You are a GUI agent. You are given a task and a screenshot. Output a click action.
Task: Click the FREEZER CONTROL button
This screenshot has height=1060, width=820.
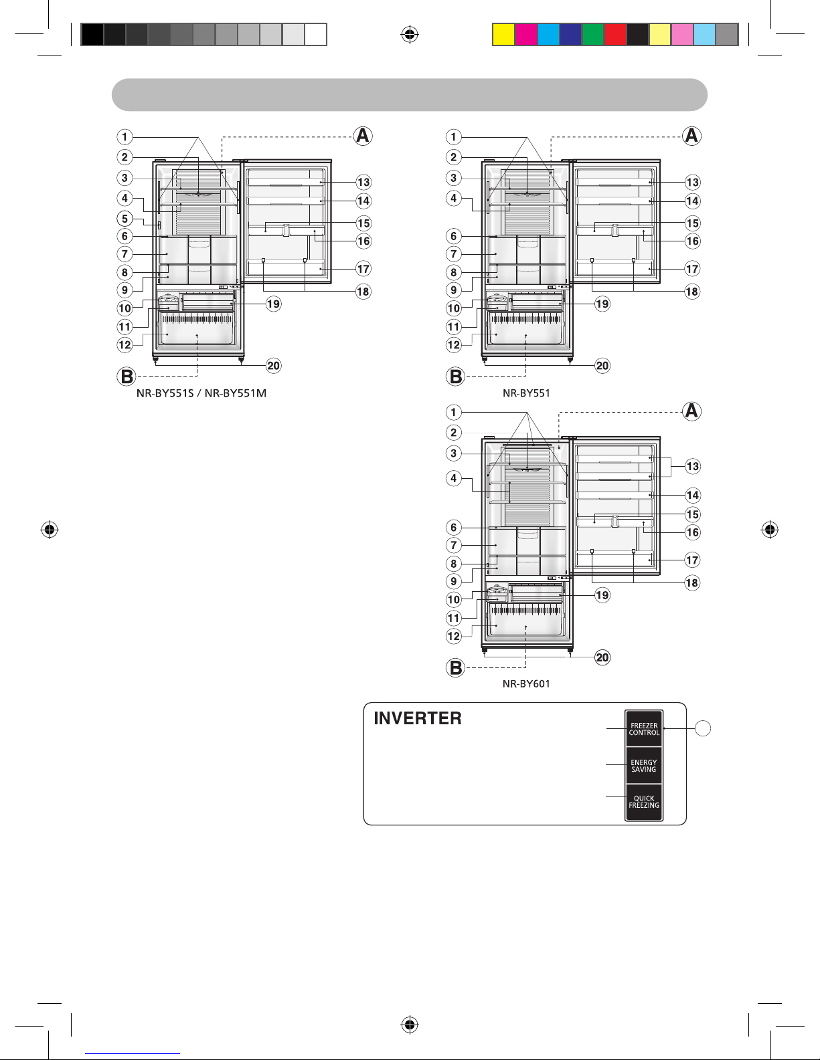click(644, 729)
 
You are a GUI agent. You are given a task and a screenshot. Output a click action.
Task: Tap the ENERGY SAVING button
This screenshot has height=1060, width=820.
click(644, 765)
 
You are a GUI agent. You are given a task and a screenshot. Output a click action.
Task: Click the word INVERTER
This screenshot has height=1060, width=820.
click(418, 718)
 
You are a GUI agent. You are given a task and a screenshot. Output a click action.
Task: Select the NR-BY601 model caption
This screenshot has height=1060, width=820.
click(526, 684)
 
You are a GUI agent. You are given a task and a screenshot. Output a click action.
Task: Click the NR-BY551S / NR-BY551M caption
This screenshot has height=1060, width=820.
click(201, 393)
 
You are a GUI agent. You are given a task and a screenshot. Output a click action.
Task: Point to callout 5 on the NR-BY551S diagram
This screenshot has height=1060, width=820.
click(125, 219)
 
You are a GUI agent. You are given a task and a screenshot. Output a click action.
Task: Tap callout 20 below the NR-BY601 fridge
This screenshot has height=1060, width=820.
click(602, 657)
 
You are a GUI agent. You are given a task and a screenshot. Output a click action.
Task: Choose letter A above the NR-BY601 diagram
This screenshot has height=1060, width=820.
click(691, 411)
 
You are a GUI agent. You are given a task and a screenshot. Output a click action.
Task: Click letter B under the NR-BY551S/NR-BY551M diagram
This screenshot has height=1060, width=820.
click(127, 377)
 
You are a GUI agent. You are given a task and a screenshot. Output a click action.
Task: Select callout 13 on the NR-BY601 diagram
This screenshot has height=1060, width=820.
click(692, 466)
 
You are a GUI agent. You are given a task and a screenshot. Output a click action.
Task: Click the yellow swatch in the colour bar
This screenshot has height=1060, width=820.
click(503, 34)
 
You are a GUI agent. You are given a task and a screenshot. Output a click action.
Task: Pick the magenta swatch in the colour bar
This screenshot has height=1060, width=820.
click(526, 34)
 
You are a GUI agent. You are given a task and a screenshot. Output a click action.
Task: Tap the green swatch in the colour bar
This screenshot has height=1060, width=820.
click(593, 34)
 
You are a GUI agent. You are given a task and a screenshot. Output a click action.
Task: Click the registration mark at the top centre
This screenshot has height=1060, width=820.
click(410, 34)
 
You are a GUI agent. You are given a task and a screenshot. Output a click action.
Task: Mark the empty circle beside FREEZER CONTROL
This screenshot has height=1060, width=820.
click(702, 728)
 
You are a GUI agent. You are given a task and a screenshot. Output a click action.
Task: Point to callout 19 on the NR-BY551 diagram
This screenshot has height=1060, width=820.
click(602, 304)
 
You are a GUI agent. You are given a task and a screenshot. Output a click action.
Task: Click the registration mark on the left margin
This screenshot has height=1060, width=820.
click(50, 529)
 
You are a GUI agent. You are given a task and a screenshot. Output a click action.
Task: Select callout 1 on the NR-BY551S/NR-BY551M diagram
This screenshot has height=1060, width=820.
click(125, 136)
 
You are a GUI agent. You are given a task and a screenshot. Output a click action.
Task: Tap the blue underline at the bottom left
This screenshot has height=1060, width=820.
click(133, 1054)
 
